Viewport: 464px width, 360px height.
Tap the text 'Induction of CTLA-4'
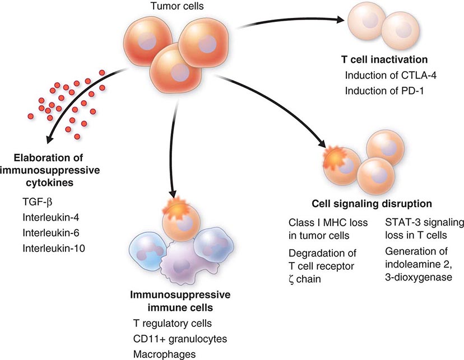pyautogui.click(x=386, y=76)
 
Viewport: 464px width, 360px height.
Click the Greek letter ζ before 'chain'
pyautogui.click(x=292, y=278)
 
